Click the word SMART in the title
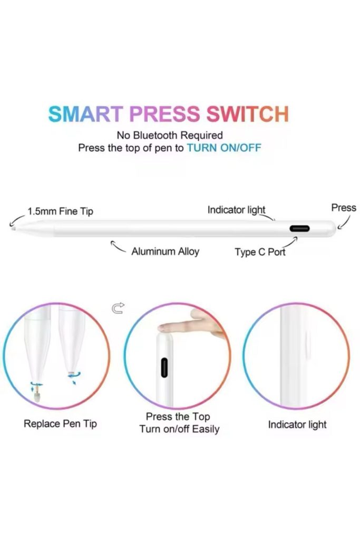click(x=86, y=114)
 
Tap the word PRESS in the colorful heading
click(x=164, y=114)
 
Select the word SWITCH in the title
click(x=247, y=114)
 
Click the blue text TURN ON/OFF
click(x=223, y=148)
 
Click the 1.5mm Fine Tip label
click(x=60, y=211)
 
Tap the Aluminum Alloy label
click(x=165, y=252)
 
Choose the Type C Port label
click(x=260, y=252)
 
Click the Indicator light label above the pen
click(x=237, y=210)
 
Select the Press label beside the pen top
click(x=344, y=208)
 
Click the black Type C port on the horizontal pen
click(x=299, y=228)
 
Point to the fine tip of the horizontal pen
click(x=13, y=228)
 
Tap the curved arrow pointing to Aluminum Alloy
click(x=118, y=247)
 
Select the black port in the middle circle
click(x=164, y=368)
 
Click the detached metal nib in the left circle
click(x=37, y=397)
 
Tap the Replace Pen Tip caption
click(x=60, y=423)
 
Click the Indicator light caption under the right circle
click(x=297, y=425)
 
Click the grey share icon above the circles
click(x=118, y=308)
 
